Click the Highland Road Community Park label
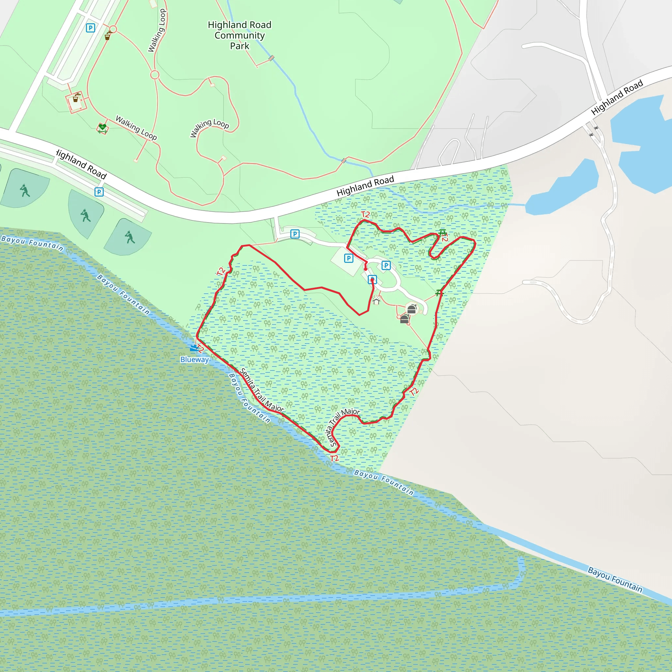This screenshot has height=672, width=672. pos(239,35)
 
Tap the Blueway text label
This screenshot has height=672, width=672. pos(195,360)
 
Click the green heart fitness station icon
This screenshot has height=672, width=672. pos(102,128)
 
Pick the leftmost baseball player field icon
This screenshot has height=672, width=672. pos(25,190)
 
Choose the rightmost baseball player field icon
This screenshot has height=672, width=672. pos(130,237)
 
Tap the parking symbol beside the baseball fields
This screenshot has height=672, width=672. pos(99,192)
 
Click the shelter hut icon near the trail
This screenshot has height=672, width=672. pos(376,300)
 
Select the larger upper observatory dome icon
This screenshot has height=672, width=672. pos(412,308)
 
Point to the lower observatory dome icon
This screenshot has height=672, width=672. pos(405,319)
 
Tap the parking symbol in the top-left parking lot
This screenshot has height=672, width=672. pos(91,28)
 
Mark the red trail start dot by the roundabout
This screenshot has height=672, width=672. pos(366,269)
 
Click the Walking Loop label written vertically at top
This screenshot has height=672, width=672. pos(157,31)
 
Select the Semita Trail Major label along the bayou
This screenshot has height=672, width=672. pos(262,390)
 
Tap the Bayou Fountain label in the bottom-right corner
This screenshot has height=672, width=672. pos(615,579)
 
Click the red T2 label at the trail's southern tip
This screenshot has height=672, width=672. pos(334,458)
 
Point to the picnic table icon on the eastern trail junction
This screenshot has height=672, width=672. pos(440,293)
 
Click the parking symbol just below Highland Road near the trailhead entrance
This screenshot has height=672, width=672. pos(295,234)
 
